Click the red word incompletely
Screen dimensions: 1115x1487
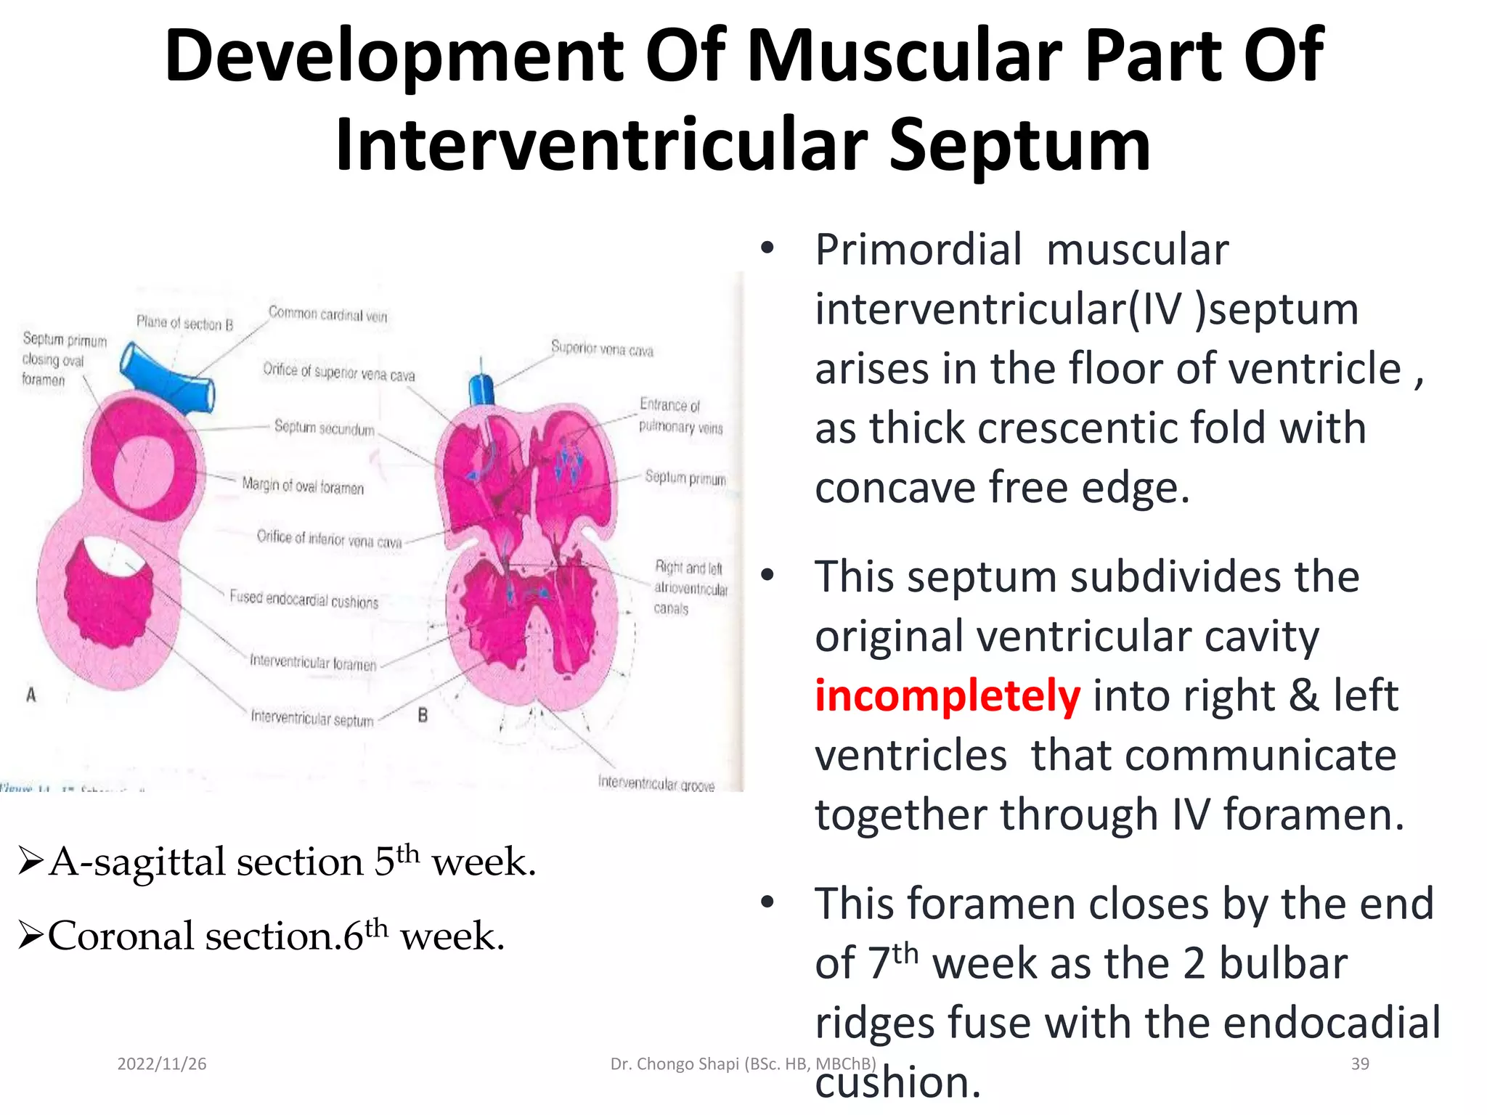[x=947, y=695]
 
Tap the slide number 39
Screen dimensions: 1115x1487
[x=1360, y=1064]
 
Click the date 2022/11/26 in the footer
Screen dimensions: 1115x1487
[x=162, y=1064]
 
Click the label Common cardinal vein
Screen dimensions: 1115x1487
[x=327, y=314]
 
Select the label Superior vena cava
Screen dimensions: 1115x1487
[x=601, y=349]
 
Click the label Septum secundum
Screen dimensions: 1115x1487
[x=324, y=428]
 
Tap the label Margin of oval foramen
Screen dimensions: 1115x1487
[x=303, y=486]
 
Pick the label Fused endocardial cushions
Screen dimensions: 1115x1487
[x=303, y=600]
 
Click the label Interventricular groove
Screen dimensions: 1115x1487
[x=656, y=784]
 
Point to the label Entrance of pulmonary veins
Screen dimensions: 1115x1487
[x=680, y=416]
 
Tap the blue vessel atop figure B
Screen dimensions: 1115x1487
[x=481, y=390]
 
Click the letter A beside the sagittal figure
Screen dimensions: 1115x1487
[x=31, y=695]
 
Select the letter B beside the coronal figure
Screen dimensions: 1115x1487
[x=423, y=716]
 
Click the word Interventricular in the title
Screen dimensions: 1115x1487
[x=602, y=145]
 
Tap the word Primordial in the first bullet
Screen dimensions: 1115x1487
[x=918, y=250]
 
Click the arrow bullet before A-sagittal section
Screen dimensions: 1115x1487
[x=30, y=862]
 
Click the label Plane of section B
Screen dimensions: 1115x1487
[x=184, y=323]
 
